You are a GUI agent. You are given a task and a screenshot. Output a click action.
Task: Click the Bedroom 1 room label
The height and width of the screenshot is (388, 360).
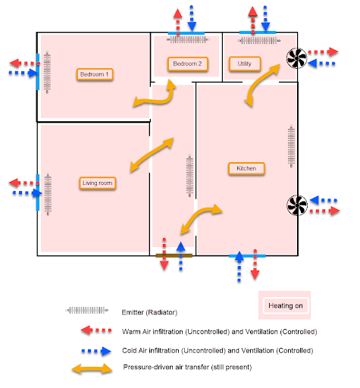(x=95, y=74)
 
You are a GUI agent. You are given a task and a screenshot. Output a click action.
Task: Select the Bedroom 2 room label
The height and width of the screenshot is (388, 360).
(x=186, y=64)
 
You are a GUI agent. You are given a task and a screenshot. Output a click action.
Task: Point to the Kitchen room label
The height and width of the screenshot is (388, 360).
(x=246, y=167)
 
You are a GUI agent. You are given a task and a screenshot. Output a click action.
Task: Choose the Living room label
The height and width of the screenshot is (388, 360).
(x=97, y=183)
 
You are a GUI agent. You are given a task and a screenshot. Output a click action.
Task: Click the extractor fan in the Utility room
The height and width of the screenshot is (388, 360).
(x=295, y=57)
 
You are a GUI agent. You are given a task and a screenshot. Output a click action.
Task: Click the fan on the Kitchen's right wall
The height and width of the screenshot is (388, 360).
(x=295, y=204)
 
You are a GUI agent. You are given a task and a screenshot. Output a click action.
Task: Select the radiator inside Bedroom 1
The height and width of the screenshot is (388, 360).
(x=47, y=74)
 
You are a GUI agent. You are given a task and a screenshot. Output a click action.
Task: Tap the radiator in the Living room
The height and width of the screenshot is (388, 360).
(x=49, y=193)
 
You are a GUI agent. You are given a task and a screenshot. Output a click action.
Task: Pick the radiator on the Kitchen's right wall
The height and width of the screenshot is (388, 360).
(x=290, y=149)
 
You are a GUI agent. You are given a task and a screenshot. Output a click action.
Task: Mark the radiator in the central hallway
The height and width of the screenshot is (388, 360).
(x=189, y=174)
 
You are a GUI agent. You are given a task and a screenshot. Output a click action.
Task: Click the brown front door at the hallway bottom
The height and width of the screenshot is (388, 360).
(x=174, y=256)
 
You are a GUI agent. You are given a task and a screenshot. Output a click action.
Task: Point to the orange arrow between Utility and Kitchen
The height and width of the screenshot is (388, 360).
(x=259, y=84)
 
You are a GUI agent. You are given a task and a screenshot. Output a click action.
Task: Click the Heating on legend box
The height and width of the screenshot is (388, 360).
(x=286, y=305)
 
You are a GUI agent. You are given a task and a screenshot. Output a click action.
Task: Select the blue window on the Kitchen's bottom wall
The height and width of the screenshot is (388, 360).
(x=247, y=256)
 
